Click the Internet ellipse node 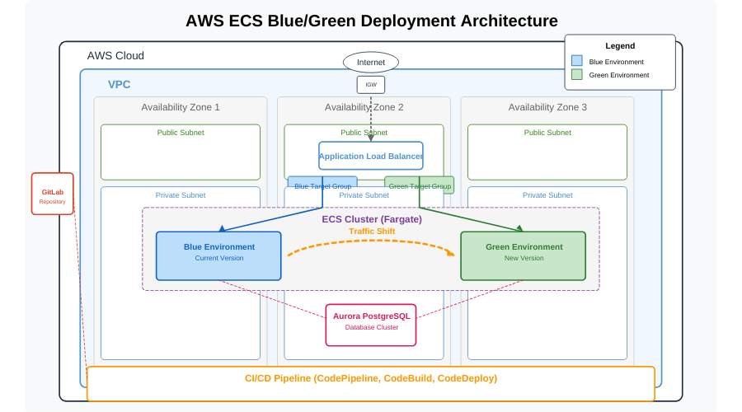[x=371, y=62]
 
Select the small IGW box [x=371, y=84]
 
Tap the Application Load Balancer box [x=371, y=156]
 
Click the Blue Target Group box [x=322, y=185]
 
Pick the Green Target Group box [x=420, y=185]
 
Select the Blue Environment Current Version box [x=218, y=255]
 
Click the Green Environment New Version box [x=523, y=255]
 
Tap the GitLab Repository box [x=53, y=194]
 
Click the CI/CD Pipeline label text [x=371, y=378]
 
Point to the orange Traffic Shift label [x=372, y=232]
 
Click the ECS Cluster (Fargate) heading [x=372, y=219]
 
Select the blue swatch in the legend [x=576, y=61]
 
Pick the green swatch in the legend [x=576, y=74]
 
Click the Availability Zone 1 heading [x=181, y=107]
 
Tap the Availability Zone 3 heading [x=547, y=107]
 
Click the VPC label [x=119, y=84]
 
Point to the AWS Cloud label [x=115, y=56]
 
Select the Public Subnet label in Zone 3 [x=547, y=133]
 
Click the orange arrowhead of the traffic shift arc [x=451, y=253]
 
